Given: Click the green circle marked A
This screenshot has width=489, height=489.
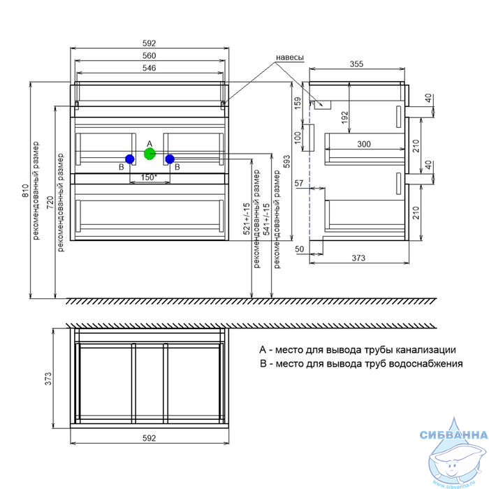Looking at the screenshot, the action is coord(149,154).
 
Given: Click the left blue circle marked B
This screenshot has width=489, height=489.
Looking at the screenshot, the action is coord(130,159).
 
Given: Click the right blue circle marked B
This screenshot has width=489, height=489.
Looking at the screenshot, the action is coord(170,159).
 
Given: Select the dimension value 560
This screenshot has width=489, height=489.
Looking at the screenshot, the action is coord(149,55).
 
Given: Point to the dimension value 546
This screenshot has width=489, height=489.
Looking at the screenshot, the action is coord(149,68).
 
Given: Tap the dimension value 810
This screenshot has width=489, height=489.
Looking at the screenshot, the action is coord(26,191).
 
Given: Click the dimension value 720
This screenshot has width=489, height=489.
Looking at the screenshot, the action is coord(50,203).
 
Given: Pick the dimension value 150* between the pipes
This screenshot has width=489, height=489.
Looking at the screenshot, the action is coord(149,177).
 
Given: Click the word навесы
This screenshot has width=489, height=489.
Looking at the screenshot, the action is coord(290,58).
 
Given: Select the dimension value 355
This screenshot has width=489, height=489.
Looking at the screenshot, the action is coord(356,64).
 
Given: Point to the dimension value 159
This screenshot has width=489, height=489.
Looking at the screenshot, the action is coord(298,103).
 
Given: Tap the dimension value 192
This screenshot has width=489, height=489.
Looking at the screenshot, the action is coord(344,117).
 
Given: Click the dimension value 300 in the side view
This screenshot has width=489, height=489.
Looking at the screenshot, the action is coord(364,144).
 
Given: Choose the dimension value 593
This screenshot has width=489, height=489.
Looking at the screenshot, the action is coord(287,161).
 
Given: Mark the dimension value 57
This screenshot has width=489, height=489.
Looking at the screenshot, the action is coord(299,183).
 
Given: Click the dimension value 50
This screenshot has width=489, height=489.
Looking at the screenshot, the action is coord(300,249).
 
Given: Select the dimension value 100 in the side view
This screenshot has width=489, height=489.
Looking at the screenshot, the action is coord(298,138).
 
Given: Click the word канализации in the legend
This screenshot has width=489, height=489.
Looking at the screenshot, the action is coord(425,350).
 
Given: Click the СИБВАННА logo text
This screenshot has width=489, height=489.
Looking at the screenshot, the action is coord(454,435).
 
